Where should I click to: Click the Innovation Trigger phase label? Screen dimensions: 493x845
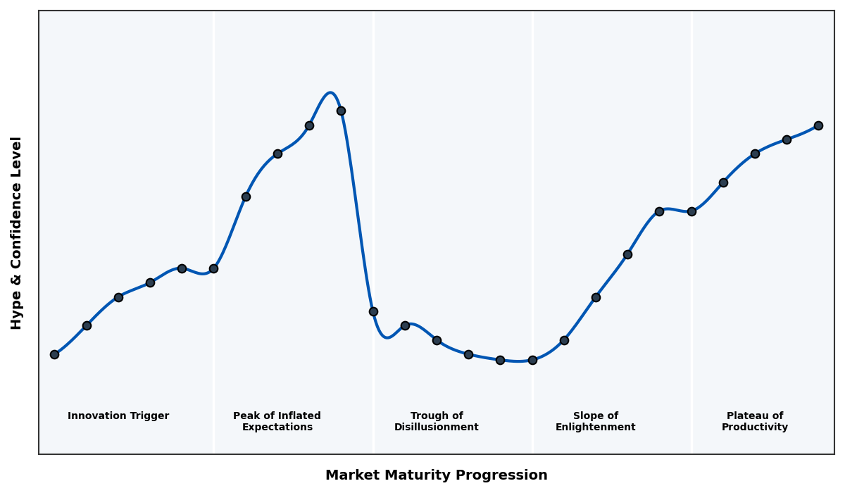point(118,416)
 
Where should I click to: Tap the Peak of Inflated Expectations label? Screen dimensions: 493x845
point(277,421)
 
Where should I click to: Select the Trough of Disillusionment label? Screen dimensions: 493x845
point(436,421)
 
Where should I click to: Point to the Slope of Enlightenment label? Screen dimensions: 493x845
point(595,421)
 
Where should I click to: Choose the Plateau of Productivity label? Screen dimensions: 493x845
point(754,421)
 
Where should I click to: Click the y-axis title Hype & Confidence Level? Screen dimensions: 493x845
point(17,232)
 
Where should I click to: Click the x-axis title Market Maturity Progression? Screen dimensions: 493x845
point(436,475)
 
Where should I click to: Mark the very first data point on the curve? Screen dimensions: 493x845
point(54,354)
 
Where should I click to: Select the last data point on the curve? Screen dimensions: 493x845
point(818,125)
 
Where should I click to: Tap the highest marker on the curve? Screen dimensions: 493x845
point(341,111)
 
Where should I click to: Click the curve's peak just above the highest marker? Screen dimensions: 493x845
point(330,93)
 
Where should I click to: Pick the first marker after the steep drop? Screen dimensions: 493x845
point(373,311)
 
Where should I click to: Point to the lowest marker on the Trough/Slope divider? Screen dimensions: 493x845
point(532,360)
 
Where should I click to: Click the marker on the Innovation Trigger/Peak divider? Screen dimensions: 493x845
point(213,268)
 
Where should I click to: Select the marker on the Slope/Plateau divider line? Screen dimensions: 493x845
point(691,211)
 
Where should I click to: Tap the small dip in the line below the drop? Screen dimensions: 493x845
point(387,337)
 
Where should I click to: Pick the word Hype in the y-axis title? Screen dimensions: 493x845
point(17,313)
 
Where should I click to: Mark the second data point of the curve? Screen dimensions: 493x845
point(87,325)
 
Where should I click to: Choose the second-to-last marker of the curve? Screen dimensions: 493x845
point(787,139)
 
